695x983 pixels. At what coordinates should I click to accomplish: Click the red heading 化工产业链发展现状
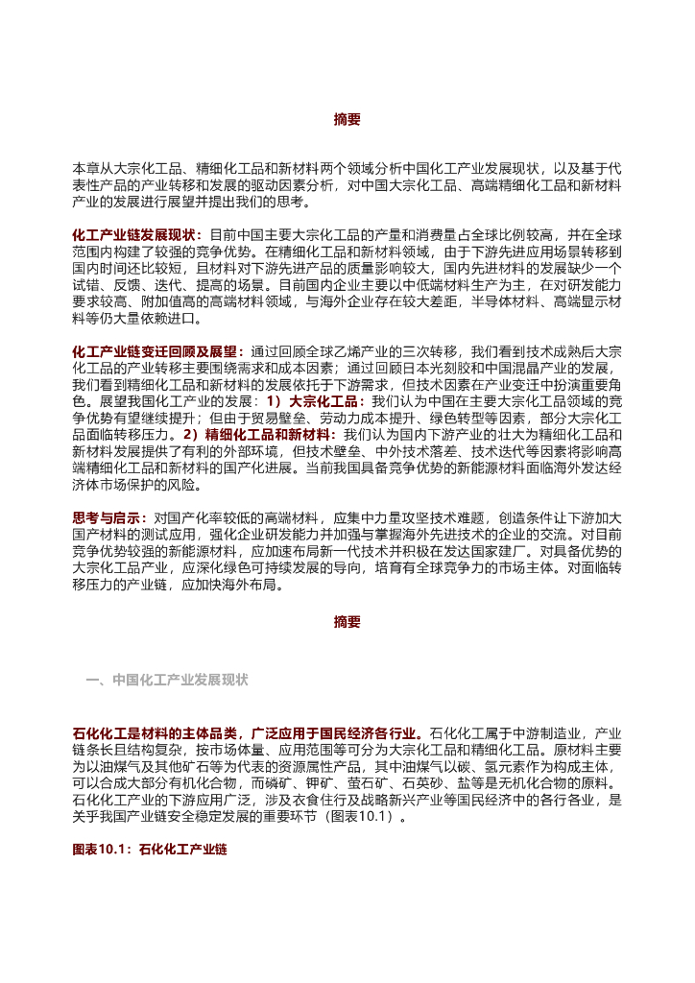(x=134, y=234)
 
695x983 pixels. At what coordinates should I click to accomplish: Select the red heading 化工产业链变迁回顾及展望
(x=155, y=351)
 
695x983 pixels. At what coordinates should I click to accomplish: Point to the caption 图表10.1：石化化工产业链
(x=149, y=851)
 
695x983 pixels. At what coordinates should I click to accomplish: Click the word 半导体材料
(x=495, y=301)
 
